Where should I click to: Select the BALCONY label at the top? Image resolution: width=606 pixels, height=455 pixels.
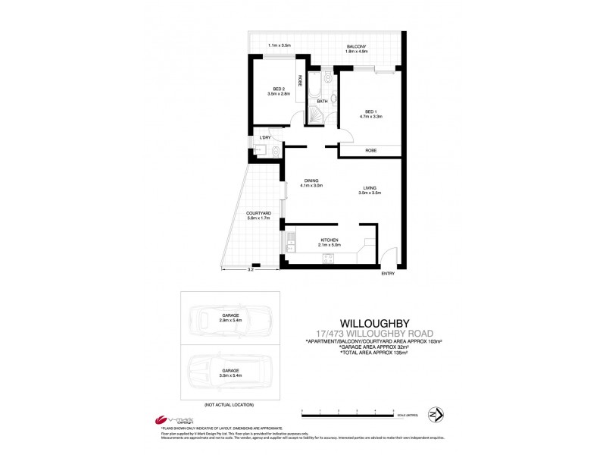tap(357, 47)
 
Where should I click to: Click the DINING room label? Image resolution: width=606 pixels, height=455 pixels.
tap(312, 180)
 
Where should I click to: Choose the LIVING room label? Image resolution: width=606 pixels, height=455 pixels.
tap(370, 190)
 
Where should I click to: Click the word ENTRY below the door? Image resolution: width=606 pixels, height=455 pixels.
tap(389, 273)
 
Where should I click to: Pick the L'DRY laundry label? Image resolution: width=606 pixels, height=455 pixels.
tap(265, 137)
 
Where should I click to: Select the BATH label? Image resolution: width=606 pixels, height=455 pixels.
tap(322, 101)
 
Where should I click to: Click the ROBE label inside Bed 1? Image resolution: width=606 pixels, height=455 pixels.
tap(371, 151)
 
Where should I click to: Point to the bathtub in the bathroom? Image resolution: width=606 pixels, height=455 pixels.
tap(314, 85)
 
